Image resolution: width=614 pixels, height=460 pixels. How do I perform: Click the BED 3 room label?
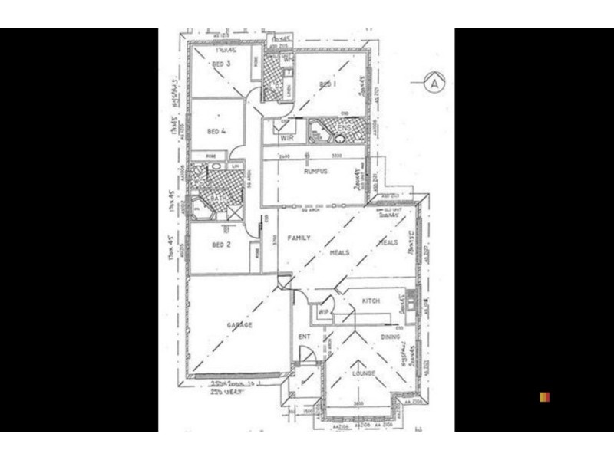pyautogui.click(x=220, y=64)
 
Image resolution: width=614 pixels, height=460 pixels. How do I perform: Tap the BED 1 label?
pyautogui.click(x=328, y=84)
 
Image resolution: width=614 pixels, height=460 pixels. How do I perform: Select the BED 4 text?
pyautogui.click(x=217, y=131)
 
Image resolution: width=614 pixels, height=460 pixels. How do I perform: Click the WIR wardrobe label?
pyautogui.click(x=288, y=138)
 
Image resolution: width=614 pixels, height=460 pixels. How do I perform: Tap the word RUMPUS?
pyautogui.click(x=315, y=171)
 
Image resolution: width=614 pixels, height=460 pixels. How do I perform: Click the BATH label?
pyautogui.click(x=220, y=198)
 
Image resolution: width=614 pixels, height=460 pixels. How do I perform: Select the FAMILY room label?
pyautogui.click(x=299, y=238)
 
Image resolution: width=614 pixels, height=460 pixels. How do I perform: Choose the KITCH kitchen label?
pyautogui.click(x=371, y=301)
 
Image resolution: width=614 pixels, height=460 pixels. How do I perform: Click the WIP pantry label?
pyautogui.click(x=323, y=312)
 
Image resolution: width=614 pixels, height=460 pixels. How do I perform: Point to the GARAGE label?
pyautogui.click(x=239, y=325)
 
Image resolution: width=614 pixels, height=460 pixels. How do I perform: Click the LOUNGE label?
pyautogui.click(x=364, y=373)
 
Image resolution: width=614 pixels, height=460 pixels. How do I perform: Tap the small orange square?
pyautogui.click(x=544, y=396)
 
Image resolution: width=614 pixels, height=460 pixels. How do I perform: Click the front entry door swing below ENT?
pyautogui.click(x=305, y=354)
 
